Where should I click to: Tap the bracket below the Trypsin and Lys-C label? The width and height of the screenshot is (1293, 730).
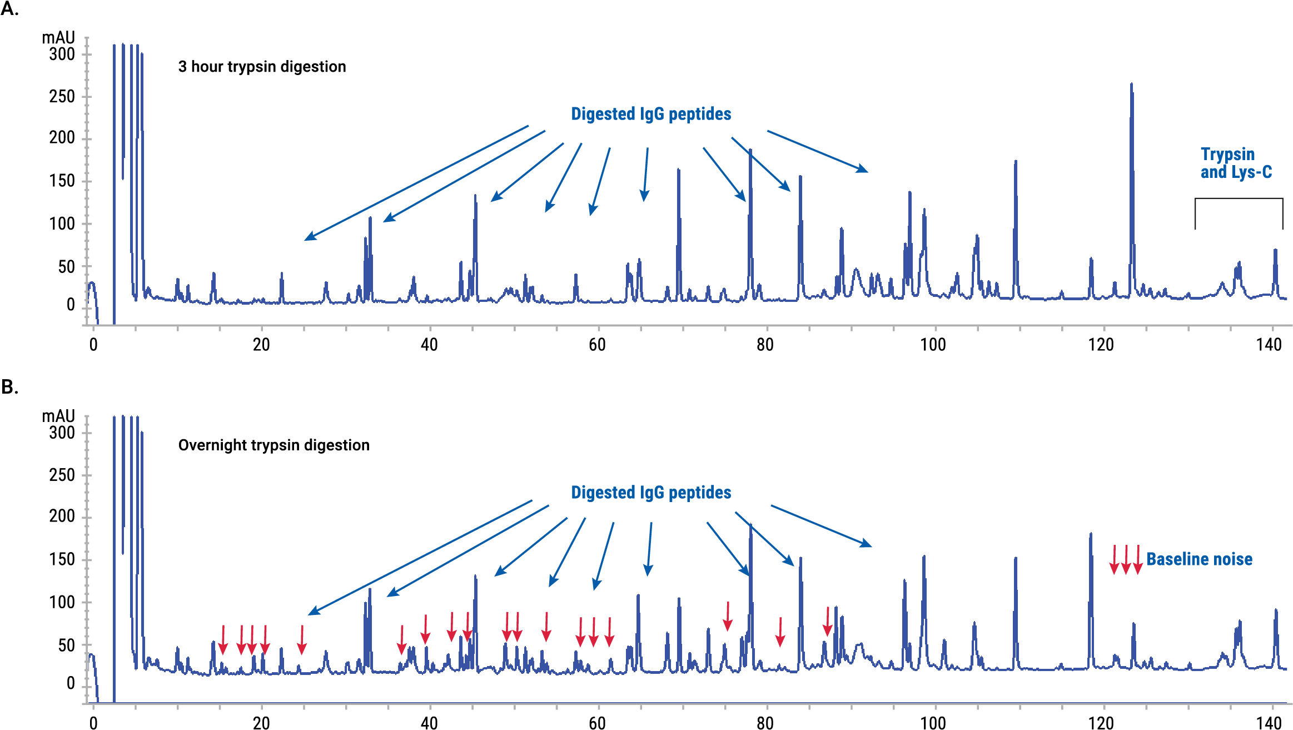[x=1239, y=199]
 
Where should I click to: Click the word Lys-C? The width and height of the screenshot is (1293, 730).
[x=1251, y=172]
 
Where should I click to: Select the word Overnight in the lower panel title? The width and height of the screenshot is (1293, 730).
[x=212, y=445]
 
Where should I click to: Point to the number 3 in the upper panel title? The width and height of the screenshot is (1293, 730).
[x=182, y=67]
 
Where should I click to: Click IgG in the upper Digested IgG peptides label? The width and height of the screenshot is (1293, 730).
[x=652, y=114]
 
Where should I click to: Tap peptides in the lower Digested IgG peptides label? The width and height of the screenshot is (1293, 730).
[x=700, y=493]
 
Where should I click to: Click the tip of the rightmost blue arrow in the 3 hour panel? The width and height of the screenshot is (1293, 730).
[x=867, y=171]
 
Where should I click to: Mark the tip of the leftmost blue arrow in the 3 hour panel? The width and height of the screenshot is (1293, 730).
[x=305, y=240]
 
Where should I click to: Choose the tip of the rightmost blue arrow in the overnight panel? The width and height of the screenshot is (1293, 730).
[x=871, y=546]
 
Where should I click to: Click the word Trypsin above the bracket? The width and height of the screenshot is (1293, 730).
[x=1227, y=154]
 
